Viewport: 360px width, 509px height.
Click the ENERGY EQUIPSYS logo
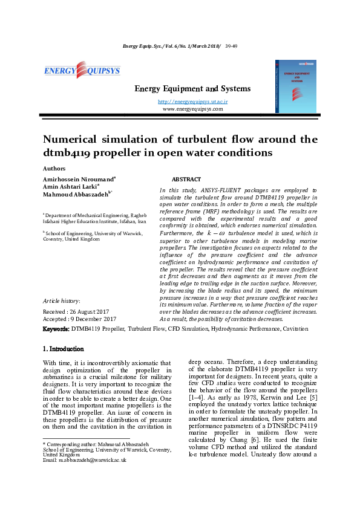tap(82, 71)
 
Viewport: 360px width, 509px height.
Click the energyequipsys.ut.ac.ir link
tap(192, 102)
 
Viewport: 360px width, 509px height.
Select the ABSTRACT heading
tap(187, 180)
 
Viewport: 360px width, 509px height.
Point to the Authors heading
tap(54, 168)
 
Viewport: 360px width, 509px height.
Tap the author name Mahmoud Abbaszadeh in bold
tap(75, 195)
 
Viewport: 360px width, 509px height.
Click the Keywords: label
tap(56, 329)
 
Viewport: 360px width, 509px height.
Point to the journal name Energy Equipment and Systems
tap(192, 89)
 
